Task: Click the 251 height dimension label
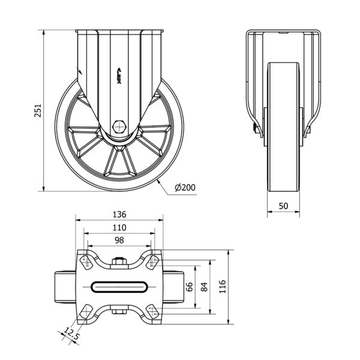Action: pyautogui.click(x=38, y=110)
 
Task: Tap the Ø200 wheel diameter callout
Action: pyautogui.click(x=185, y=188)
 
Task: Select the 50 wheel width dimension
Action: pyautogui.click(x=283, y=206)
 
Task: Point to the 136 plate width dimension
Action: pyautogui.click(x=119, y=214)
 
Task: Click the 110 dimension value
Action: pyautogui.click(x=119, y=227)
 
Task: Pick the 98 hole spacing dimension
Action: pyautogui.click(x=119, y=241)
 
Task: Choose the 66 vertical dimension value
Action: pyautogui.click(x=190, y=287)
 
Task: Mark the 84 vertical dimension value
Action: pyautogui.click(x=204, y=287)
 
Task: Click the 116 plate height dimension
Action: pyautogui.click(x=222, y=287)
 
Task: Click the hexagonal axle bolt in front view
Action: pyautogui.click(x=119, y=127)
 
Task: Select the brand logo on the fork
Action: pyautogui.click(x=119, y=76)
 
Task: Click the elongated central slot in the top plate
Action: pyautogui.click(x=119, y=287)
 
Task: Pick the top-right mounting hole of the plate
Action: pyautogui.click(x=152, y=262)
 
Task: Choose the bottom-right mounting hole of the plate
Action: pyautogui.click(x=152, y=311)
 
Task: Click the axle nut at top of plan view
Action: pyautogui.click(x=119, y=261)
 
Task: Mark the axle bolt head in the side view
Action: pyautogui.click(x=254, y=128)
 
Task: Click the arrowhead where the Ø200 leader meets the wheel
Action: pyautogui.click(x=158, y=182)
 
